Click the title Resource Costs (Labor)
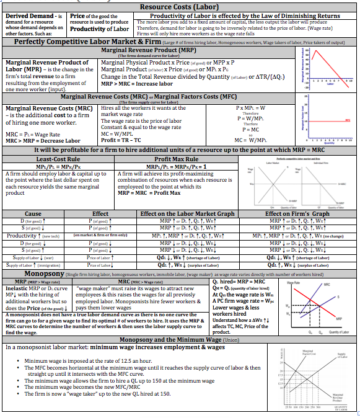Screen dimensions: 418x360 (180, 6)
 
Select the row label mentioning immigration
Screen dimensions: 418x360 (33, 265)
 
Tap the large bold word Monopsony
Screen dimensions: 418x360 (43, 273)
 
